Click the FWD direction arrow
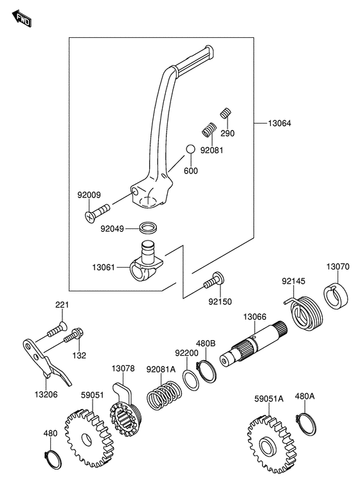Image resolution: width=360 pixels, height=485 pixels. pos(22,19)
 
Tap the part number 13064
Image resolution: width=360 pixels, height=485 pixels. pos(280,124)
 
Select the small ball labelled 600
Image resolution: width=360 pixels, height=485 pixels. pos(190,149)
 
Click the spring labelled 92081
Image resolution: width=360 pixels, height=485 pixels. pos(209,129)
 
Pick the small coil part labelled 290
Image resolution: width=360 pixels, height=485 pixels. pos(226,113)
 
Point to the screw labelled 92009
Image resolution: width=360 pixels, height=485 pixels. pos(96,212)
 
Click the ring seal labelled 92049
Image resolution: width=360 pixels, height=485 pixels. pos(148,228)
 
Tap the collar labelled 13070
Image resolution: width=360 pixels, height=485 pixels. pos(336,297)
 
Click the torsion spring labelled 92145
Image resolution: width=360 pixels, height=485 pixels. pos(304,313)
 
